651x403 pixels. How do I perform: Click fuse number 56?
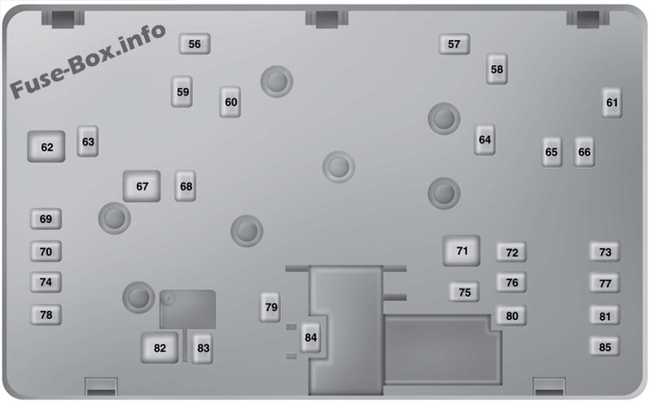[194, 44]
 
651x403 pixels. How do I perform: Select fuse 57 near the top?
[454, 44]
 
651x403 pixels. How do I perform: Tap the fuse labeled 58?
[497, 69]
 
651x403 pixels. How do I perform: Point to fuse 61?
[612, 103]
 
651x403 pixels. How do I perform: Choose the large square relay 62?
[46, 147]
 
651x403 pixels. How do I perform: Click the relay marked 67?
[142, 186]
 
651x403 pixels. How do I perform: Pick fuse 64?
[485, 139]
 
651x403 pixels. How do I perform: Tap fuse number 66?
[584, 152]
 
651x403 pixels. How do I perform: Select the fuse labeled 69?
[46, 219]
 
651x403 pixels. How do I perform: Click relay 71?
[461, 251]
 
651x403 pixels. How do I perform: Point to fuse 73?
[605, 252]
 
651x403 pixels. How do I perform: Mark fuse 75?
[465, 292]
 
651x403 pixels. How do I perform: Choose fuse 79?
[270, 307]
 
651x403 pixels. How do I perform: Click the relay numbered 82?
[159, 348]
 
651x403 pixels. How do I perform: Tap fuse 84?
[311, 337]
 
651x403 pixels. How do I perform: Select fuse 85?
[605, 347]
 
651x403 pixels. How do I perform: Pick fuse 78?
[46, 314]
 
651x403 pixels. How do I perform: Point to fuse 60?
[230, 102]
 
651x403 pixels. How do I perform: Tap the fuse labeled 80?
[512, 316]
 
